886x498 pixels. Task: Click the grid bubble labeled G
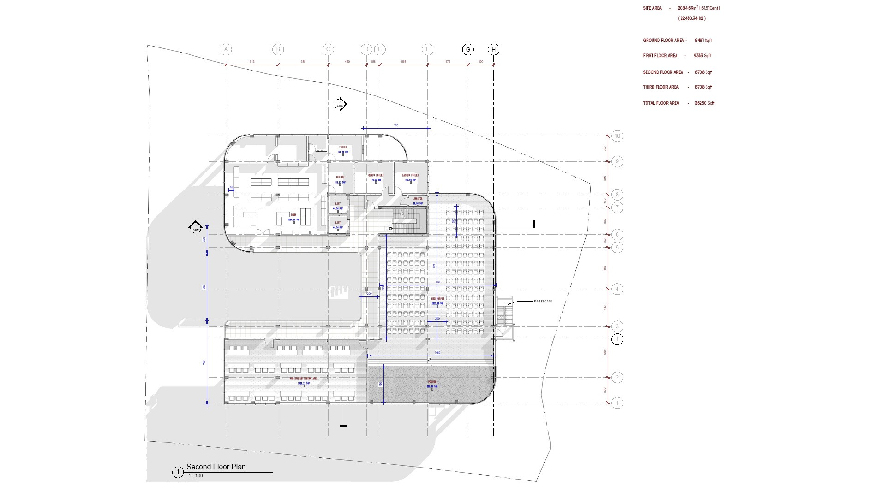468,50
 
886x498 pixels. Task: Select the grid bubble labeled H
493,50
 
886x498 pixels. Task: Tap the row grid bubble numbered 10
617,136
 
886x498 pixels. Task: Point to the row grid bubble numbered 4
617,289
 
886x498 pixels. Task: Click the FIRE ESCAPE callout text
543,302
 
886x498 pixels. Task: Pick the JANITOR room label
418,199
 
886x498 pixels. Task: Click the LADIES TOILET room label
410,175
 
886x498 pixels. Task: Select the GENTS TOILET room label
376,175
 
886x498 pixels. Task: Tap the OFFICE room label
340,177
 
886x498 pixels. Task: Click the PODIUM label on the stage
432,382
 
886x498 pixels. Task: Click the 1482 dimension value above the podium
437,353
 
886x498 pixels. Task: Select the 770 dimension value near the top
396,125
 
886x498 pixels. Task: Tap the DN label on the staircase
391,228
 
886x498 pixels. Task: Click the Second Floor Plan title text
216,467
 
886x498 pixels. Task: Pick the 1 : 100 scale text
196,476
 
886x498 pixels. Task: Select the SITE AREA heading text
652,8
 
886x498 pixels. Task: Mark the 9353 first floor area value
698,56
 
